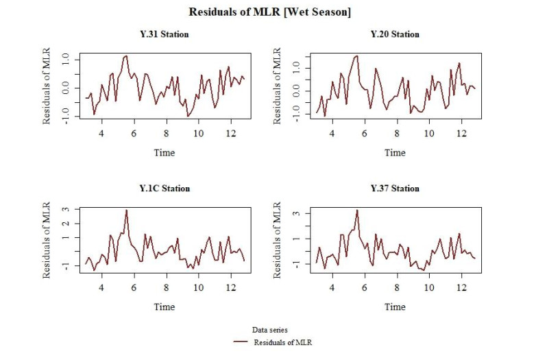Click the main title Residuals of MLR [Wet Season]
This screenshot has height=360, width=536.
tap(268, 12)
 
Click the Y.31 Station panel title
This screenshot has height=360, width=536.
tap(164, 34)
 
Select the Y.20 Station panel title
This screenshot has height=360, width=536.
tap(395, 34)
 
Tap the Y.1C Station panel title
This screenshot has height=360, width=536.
tap(164, 189)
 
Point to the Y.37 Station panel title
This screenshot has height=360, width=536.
tap(395, 189)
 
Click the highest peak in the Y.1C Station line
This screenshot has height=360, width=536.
tap(127, 211)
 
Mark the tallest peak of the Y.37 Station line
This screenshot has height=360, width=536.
tap(357, 211)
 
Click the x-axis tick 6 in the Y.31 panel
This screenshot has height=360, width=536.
tap(134, 133)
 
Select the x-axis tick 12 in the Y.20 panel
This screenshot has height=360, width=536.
tap(461, 133)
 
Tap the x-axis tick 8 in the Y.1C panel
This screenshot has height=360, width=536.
tap(166, 287)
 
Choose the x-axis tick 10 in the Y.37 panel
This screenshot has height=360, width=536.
tap(429, 287)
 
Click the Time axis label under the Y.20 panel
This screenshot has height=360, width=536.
tap(395, 152)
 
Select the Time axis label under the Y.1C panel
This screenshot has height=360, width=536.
tap(164, 307)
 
